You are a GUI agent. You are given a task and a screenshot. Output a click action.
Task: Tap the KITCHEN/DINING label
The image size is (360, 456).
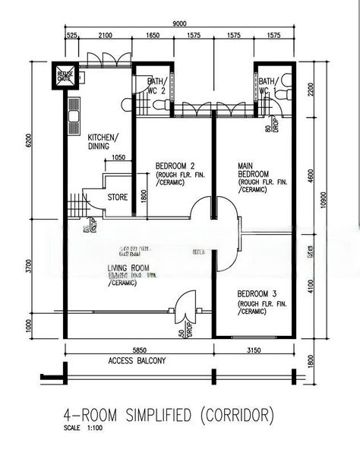pos(102,141)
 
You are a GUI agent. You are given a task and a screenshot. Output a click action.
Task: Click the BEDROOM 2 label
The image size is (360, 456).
pos(175,166)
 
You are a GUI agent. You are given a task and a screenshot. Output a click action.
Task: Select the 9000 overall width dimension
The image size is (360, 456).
pos(180,24)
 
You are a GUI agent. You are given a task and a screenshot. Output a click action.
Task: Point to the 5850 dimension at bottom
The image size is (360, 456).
pos(137,350)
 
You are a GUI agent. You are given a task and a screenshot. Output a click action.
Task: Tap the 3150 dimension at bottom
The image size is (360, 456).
pos(254,350)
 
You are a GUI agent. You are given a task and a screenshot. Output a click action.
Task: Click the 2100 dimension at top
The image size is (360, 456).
pos(106,35)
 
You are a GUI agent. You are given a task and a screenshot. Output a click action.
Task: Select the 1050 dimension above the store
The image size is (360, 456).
pos(118,158)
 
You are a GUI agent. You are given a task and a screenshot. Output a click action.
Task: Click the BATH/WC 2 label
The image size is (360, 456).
pos(156,86)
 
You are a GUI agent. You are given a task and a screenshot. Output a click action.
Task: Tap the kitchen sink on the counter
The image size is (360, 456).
pos(74,116)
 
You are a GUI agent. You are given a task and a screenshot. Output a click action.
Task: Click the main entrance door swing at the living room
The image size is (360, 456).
pos(184,307)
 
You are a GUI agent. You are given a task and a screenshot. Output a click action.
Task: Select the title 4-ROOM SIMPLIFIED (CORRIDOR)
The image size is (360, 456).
pos(168,415)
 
